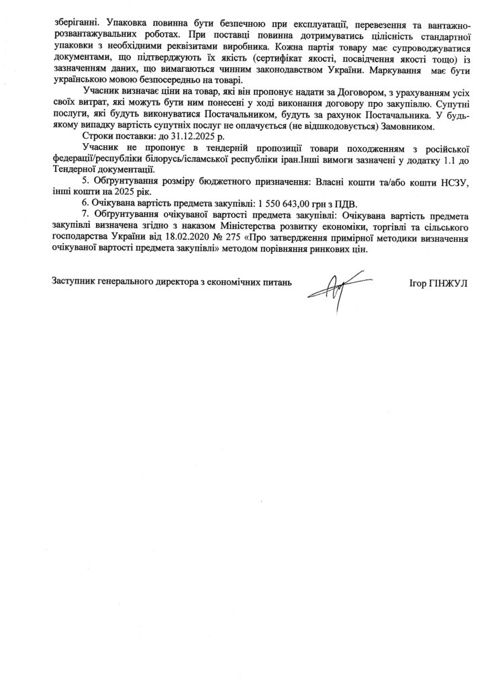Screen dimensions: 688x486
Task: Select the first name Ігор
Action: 417,283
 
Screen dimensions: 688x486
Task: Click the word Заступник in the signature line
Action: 75,282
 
